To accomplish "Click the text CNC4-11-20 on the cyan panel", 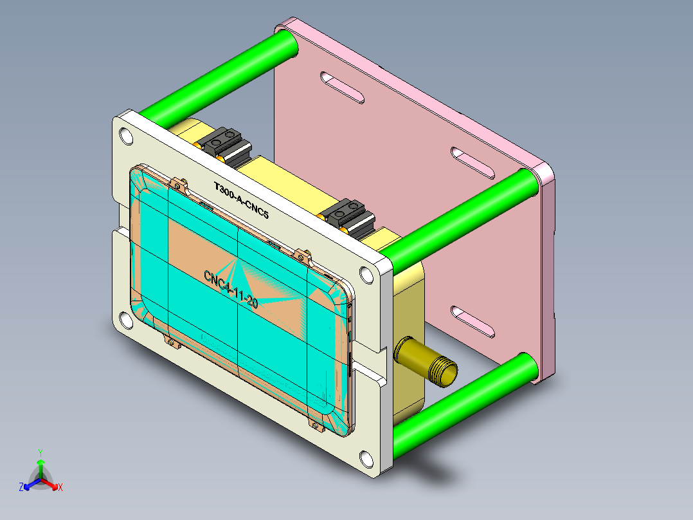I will [x=231, y=289].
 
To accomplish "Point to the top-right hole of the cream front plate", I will [x=367, y=275].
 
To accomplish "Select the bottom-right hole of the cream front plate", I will [x=367, y=459].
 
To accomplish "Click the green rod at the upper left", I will [x=219, y=78].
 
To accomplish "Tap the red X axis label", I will [x=60, y=488].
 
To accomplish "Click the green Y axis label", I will [x=40, y=452].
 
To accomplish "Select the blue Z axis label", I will [x=21, y=488].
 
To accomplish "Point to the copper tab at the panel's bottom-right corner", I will [x=315, y=425].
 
